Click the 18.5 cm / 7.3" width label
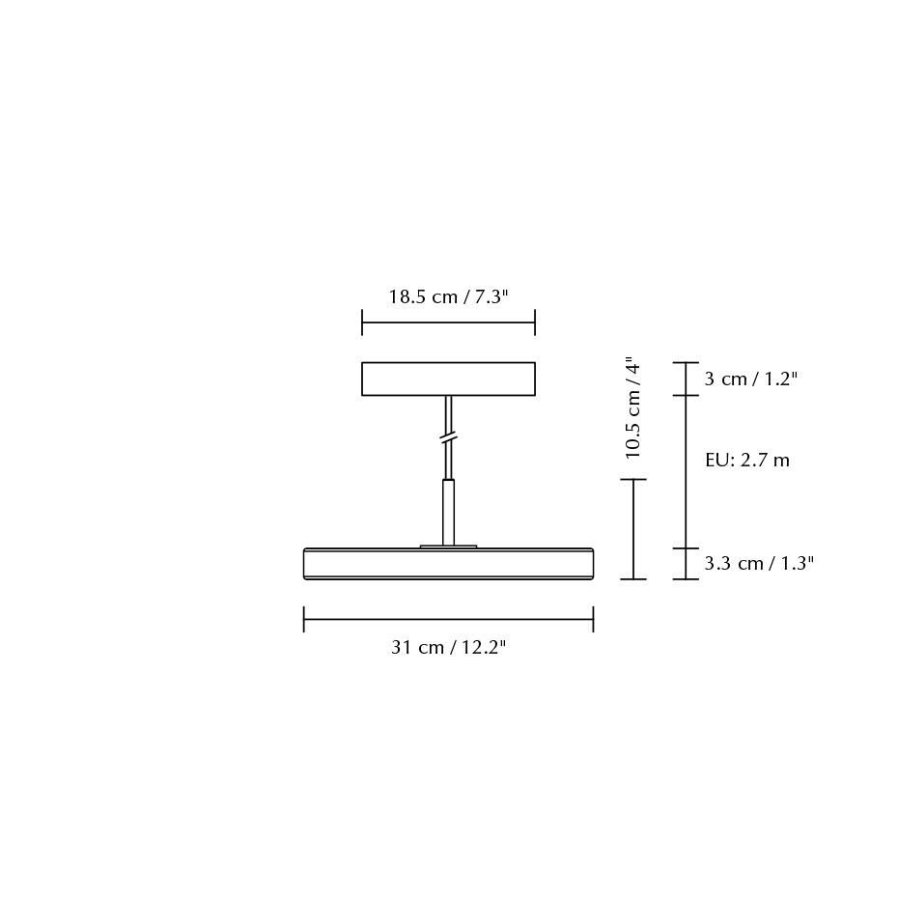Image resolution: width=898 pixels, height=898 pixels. tap(448, 297)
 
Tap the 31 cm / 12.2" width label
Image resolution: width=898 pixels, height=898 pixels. tap(448, 648)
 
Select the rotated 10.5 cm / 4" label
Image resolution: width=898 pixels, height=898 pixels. tap(633, 407)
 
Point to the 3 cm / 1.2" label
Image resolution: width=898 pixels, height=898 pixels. tap(750, 379)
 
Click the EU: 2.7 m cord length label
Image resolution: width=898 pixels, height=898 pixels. tap(746, 461)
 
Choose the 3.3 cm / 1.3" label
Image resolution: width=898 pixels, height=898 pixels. tap(759, 564)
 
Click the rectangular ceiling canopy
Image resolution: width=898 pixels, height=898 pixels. tap(448, 379)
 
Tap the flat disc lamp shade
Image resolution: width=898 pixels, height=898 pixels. tap(448, 563)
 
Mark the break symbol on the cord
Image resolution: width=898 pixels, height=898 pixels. tap(448, 439)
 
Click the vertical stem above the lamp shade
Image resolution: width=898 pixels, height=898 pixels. tap(448, 512)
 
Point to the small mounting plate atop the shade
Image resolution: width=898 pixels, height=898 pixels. tap(448, 547)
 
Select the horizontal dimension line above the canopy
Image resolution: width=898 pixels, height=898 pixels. tap(448, 323)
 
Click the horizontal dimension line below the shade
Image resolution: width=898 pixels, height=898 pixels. tap(448, 619)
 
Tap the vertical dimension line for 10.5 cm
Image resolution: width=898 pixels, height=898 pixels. tap(633, 529)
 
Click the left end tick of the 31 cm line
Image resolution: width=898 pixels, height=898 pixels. tap(304, 619)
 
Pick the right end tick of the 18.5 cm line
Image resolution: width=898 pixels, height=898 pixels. tap(534, 323)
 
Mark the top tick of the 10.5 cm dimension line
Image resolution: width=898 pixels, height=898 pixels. tap(633, 480)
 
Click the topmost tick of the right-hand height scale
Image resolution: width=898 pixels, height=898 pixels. tap(686, 363)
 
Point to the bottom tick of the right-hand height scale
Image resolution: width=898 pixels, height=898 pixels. tap(686, 579)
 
